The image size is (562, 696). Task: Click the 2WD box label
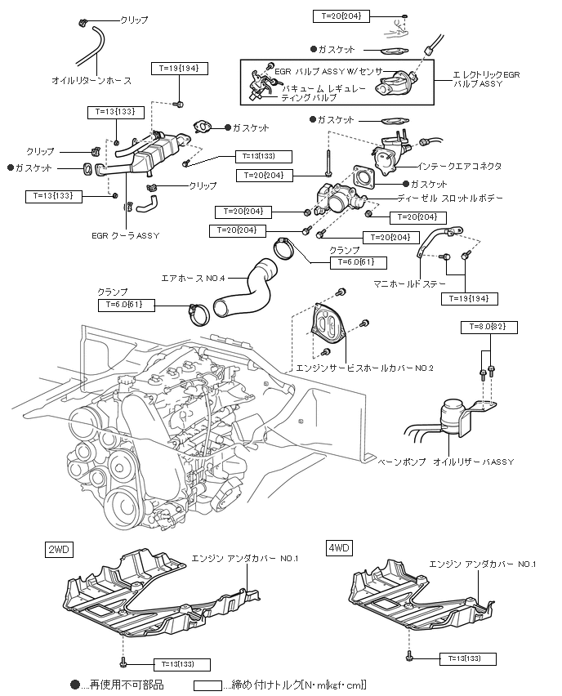59,549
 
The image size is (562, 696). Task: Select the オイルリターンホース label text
91,81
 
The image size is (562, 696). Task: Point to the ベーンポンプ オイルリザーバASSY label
445,462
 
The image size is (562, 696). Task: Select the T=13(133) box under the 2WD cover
180,665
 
